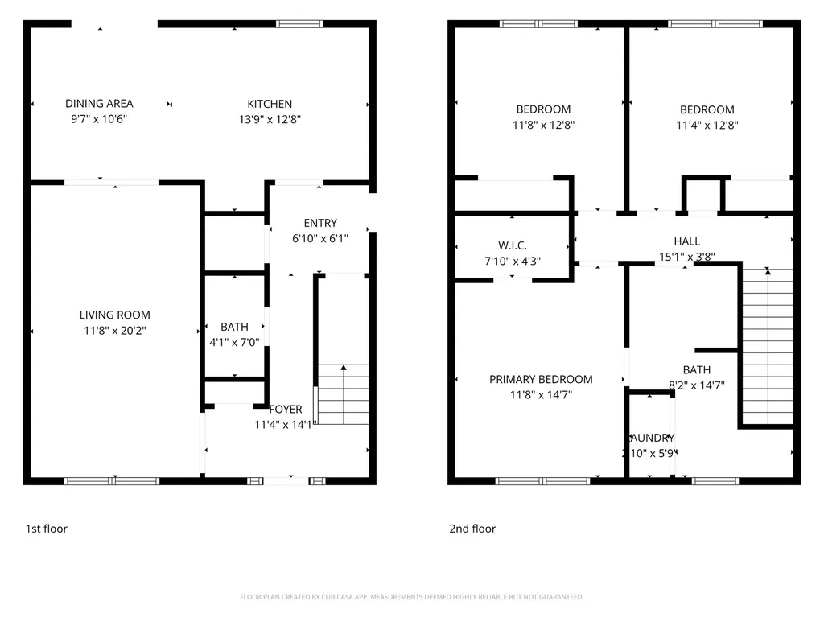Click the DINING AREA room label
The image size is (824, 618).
99,104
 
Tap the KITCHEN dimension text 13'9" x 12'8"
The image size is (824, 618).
269,119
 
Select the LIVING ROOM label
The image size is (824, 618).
114,315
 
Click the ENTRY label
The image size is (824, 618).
320,223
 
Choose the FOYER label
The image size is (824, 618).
286,410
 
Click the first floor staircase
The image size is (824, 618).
344,395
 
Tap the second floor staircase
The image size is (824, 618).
767,346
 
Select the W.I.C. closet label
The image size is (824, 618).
512,245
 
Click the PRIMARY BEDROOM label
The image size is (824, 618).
541,379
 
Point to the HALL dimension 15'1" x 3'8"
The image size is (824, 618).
686,257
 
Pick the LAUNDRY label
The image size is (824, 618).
651,438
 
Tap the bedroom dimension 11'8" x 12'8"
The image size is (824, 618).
543,125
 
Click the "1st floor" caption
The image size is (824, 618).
47,529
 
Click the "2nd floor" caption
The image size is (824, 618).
472,529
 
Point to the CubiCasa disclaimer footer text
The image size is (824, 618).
411,597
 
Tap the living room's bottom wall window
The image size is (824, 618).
112,481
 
